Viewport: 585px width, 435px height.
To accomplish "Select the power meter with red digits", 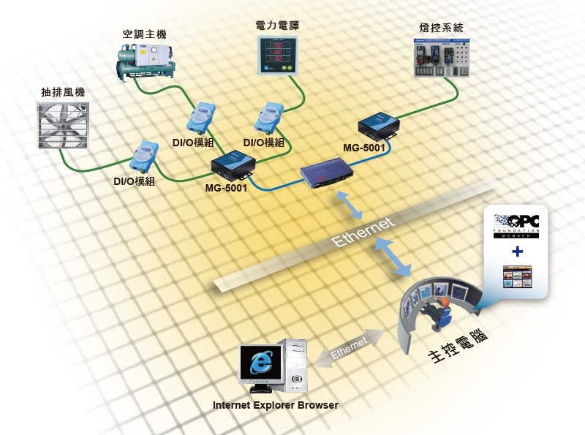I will (x=279, y=56).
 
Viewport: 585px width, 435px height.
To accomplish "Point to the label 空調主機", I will (x=145, y=34).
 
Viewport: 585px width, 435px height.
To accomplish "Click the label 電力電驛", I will (x=277, y=25).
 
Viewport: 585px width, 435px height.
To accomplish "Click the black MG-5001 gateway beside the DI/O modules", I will (x=232, y=165).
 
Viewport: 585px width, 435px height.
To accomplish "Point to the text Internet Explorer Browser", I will (x=275, y=404).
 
